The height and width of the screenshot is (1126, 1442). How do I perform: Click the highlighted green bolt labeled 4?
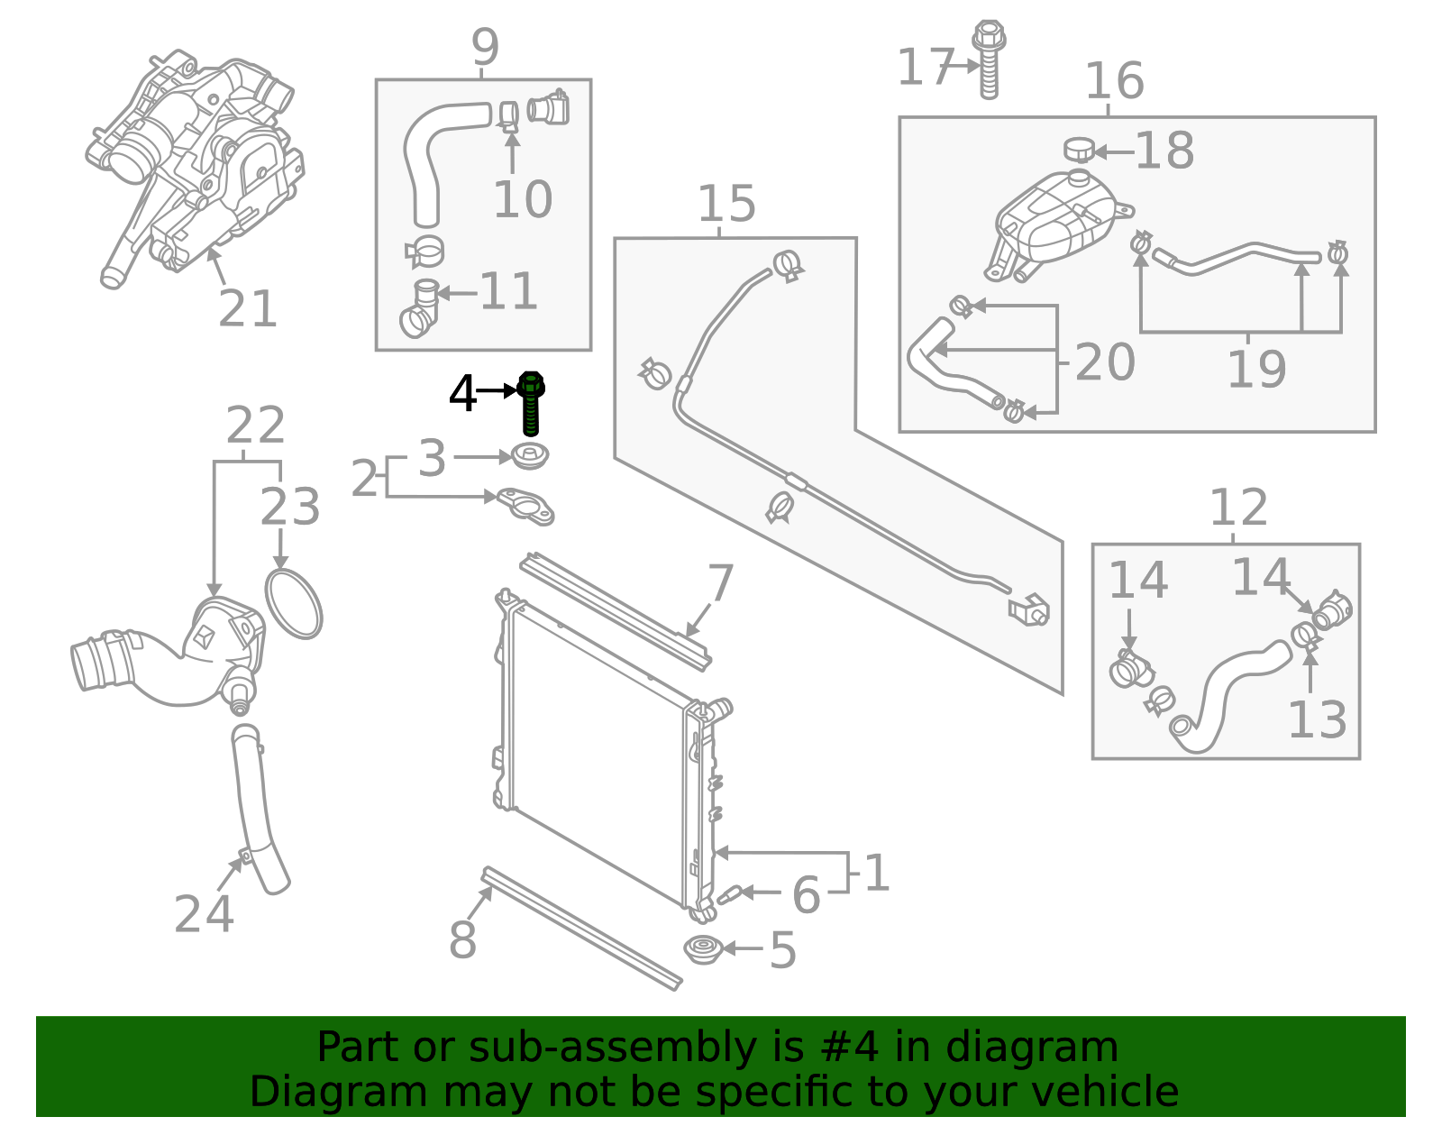tap(531, 403)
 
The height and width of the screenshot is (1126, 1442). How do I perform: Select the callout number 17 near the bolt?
tap(925, 68)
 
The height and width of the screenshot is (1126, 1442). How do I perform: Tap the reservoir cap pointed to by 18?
tap(1078, 150)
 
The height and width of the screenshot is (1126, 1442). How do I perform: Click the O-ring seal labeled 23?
tap(293, 603)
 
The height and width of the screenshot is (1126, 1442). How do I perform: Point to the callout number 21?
tap(248, 309)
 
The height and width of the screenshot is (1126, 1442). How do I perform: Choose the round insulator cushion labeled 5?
tap(703, 949)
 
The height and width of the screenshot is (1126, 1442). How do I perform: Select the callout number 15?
tap(726, 204)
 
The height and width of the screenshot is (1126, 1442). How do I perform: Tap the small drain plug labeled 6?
tap(728, 894)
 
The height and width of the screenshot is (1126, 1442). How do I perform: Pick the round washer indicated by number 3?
tap(531, 456)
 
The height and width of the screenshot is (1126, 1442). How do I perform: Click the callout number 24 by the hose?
tap(204, 914)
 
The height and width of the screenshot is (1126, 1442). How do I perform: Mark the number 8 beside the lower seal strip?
tap(462, 940)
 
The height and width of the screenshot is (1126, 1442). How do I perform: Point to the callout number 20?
tap(1105, 362)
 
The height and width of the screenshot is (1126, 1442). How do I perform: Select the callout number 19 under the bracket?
tap(1256, 369)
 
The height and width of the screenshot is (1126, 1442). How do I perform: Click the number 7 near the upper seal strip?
tap(721, 583)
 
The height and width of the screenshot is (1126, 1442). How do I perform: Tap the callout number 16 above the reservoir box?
tap(1114, 81)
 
